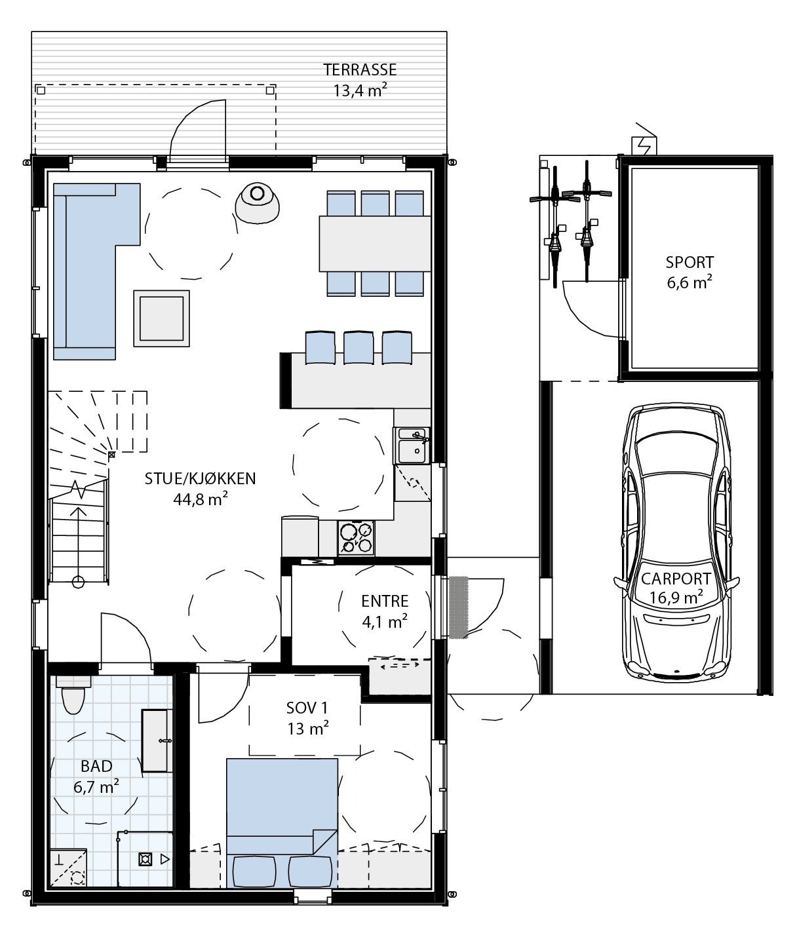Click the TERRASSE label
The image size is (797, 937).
[x=360, y=69]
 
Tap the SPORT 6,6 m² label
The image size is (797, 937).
[x=689, y=272]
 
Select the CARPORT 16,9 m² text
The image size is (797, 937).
[x=676, y=588]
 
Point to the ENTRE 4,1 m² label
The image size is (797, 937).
[x=385, y=611]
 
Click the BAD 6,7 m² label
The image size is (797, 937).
[x=96, y=776]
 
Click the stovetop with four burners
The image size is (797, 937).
[x=356, y=538]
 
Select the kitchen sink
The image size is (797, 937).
[x=412, y=446]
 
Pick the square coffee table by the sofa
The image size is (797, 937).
[x=161, y=318]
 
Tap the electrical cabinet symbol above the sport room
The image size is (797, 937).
[x=644, y=146]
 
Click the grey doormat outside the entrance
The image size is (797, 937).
[x=458, y=607]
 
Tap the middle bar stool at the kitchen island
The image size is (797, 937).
[x=359, y=348]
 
